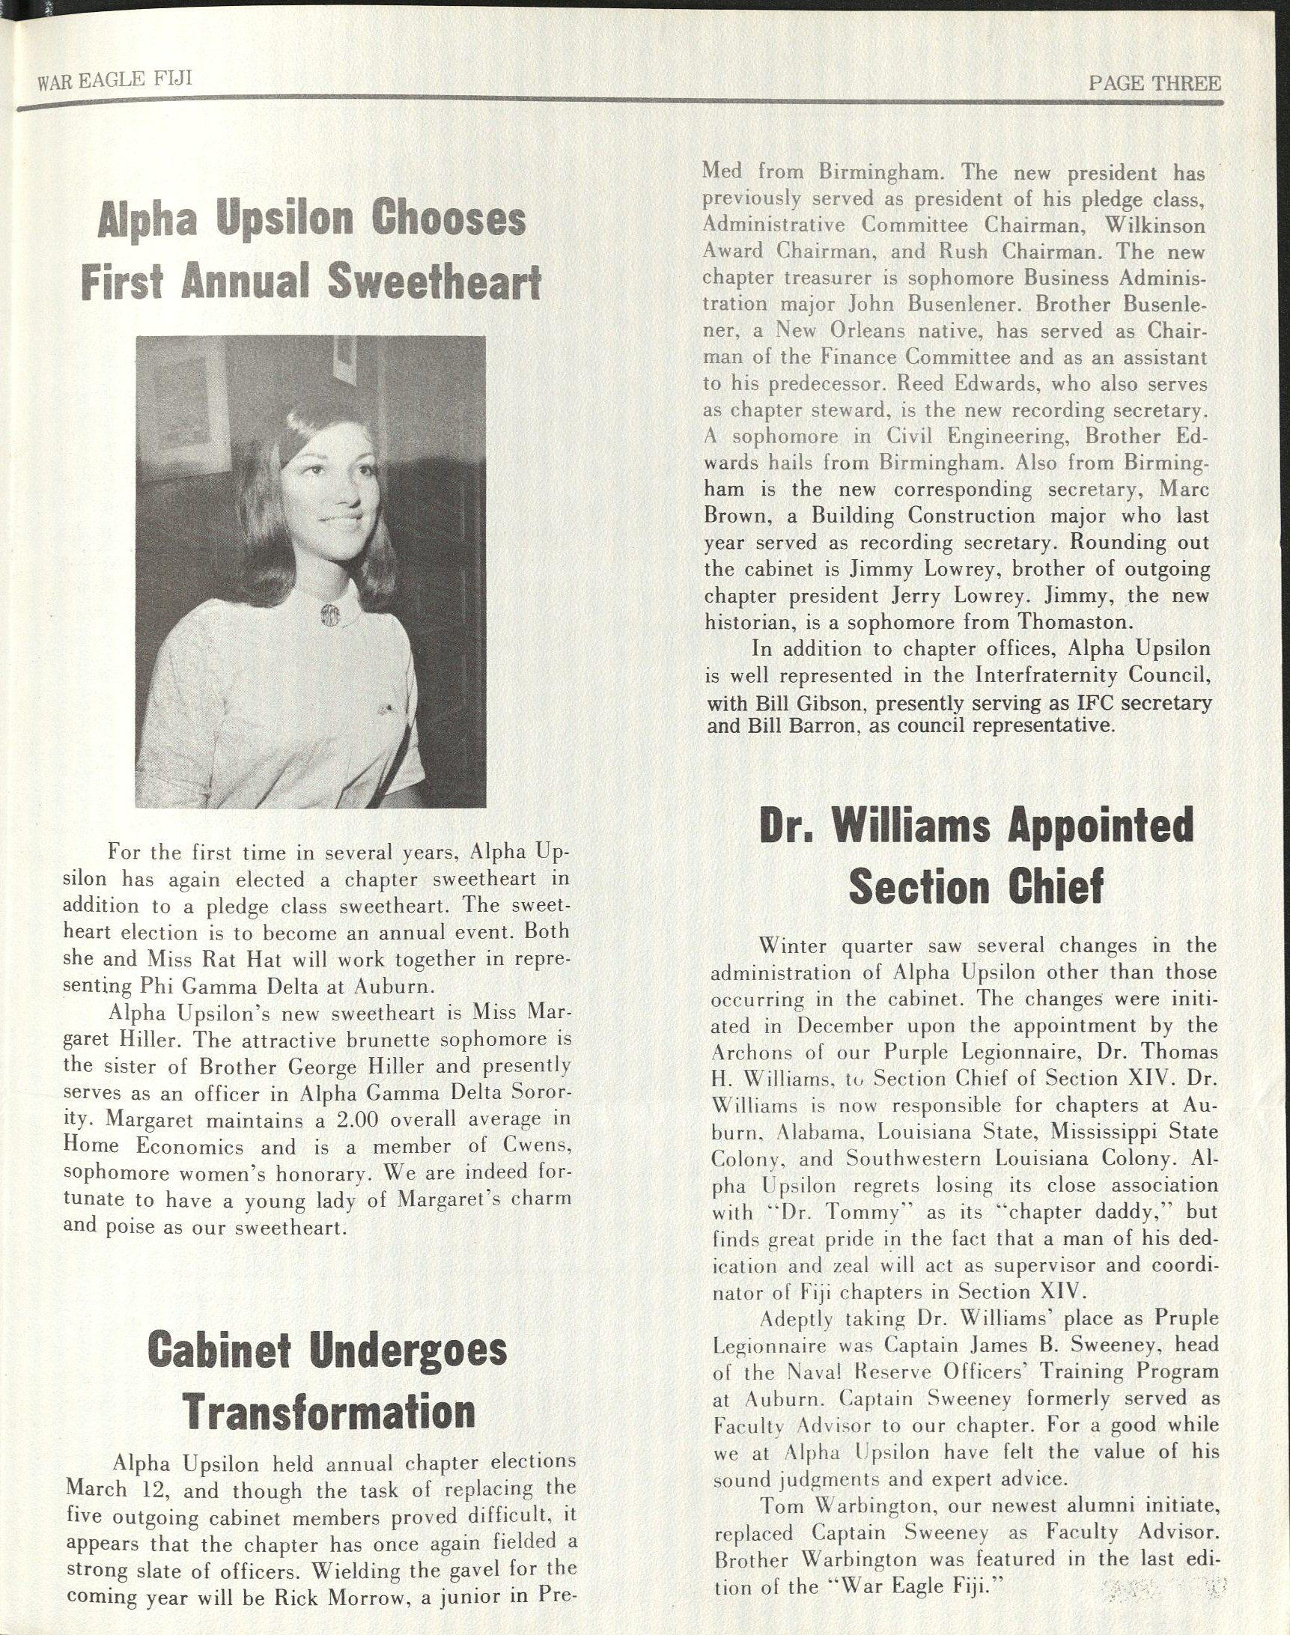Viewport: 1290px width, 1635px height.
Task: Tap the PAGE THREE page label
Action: click(1153, 84)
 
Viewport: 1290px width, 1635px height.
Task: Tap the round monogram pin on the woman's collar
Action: click(330, 612)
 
